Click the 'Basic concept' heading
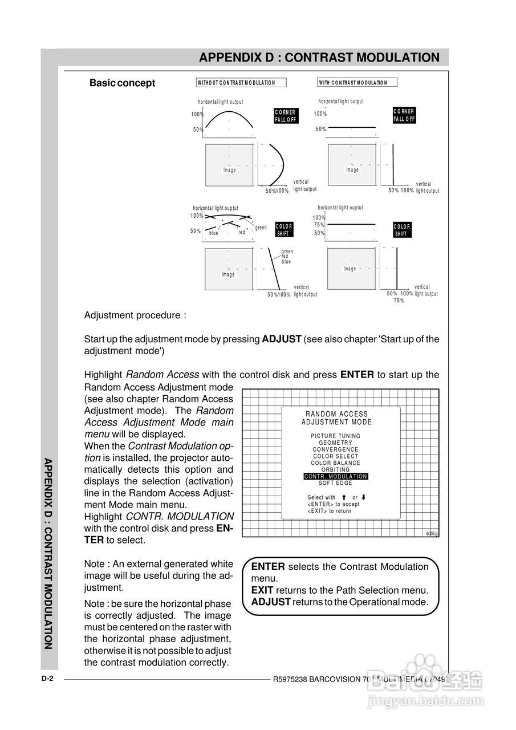click(x=122, y=83)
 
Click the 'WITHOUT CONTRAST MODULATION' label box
click(x=241, y=83)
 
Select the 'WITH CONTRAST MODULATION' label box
click(x=357, y=83)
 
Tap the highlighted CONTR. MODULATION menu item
click(x=336, y=476)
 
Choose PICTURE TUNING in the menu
click(x=336, y=436)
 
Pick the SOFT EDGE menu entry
click(x=336, y=483)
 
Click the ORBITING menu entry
click(x=336, y=469)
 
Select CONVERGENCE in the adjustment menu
click(x=336, y=449)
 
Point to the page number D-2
click(x=47, y=679)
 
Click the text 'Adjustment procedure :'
click(x=135, y=315)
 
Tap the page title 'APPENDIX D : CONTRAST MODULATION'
click(x=319, y=58)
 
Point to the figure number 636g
click(x=432, y=533)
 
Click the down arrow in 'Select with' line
click(x=364, y=497)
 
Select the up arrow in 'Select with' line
click(x=344, y=497)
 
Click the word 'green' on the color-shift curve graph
click(x=261, y=228)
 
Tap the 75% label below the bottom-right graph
click(x=399, y=300)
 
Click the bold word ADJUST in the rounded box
click(x=271, y=602)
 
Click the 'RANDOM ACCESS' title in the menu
click(x=336, y=414)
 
